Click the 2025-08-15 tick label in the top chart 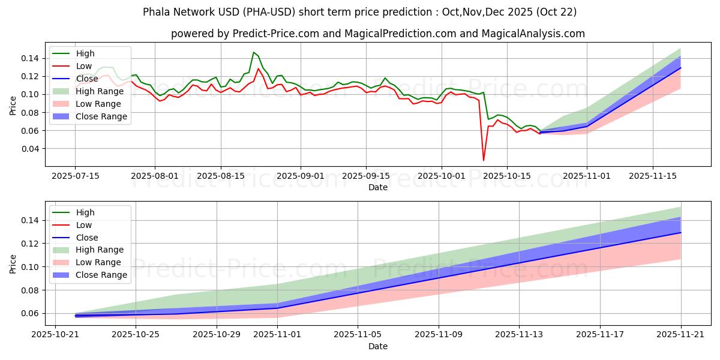(221, 176)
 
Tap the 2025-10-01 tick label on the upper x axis (442, 176)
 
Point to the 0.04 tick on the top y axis (31, 149)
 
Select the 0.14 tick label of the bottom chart (31, 221)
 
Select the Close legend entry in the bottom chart (88, 238)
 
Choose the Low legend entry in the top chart (84, 66)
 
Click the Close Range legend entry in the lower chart (102, 275)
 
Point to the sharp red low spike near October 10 (484, 160)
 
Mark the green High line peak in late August (253, 53)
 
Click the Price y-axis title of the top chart (13, 106)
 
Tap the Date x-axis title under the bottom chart (378, 346)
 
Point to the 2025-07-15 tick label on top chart (75, 176)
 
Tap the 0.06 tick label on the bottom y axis (31, 314)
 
